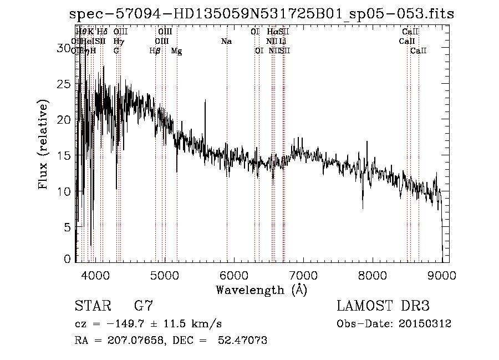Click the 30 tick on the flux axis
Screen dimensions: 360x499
(65, 49)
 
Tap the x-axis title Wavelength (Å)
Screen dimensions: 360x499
(261, 290)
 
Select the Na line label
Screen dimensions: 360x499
(226, 42)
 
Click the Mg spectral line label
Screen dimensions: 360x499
(176, 51)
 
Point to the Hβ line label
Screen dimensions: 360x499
(155, 51)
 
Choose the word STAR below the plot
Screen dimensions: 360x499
(92, 306)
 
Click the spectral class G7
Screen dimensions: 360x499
(143, 306)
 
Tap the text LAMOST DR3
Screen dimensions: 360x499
(383, 306)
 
